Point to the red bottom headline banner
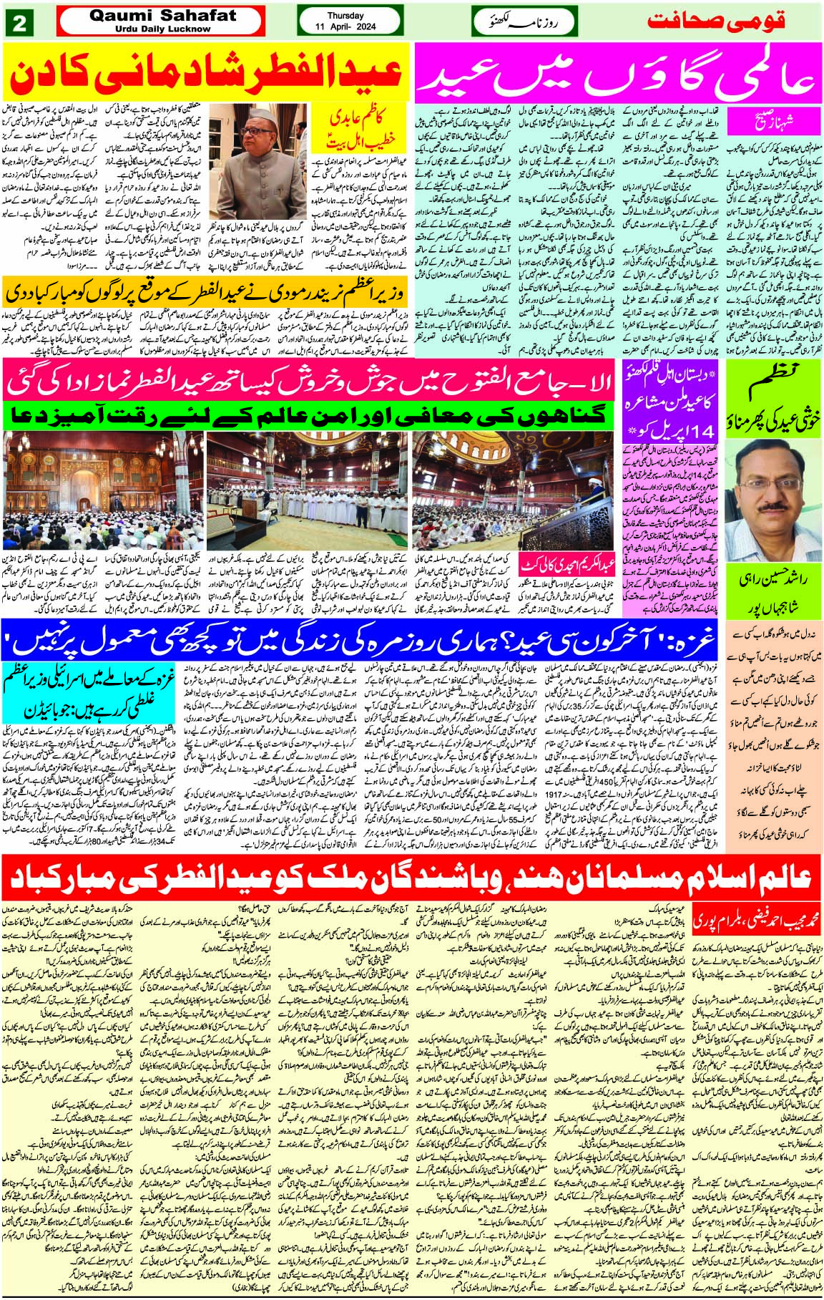[x=411, y=876]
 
